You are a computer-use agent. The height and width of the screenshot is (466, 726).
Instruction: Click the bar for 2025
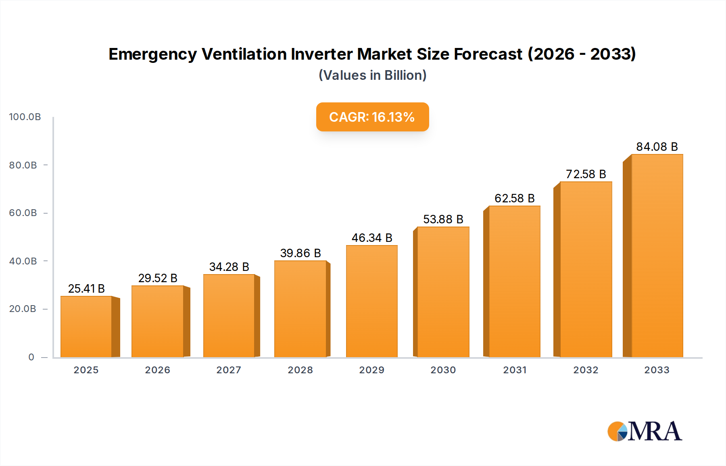tap(86, 327)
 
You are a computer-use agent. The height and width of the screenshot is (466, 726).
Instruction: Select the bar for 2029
tap(371, 301)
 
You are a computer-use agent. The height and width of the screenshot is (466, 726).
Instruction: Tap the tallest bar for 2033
tap(657, 256)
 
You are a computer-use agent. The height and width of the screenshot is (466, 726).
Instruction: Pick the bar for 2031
tap(514, 281)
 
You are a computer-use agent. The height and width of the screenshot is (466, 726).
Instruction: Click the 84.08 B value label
tap(657, 147)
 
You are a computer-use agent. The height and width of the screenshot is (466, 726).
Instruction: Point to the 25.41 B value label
tap(86, 289)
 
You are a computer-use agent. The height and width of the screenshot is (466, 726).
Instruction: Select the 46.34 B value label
tap(371, 238)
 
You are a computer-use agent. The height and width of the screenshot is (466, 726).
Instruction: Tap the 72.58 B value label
tap(586, 174)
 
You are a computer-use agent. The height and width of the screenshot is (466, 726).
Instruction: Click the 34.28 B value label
tap(229, 267)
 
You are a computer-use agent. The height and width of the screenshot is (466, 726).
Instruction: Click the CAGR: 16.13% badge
tap(372, 117)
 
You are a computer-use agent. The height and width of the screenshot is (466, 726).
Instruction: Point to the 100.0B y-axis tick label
tap(25, 117)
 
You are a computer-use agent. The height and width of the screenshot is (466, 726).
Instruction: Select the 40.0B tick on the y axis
tap(23, 261)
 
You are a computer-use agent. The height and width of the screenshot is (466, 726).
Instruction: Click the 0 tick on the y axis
tap(31, 357)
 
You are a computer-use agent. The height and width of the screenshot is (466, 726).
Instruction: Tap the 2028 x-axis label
tap(300, 370)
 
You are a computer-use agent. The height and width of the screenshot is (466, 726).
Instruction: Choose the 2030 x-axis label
tap(443, 370)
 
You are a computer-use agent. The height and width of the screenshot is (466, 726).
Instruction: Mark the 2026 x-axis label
tap(157, 370)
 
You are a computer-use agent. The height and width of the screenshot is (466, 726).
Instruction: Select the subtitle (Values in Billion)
tap(372, 75)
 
